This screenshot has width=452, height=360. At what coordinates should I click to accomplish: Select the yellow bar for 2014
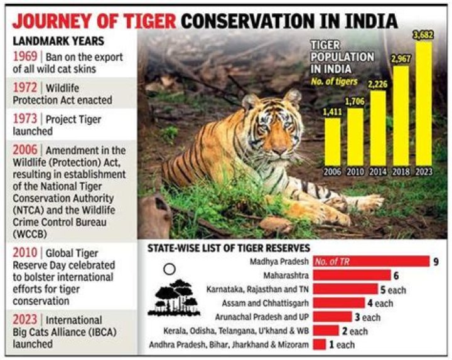(378, 128)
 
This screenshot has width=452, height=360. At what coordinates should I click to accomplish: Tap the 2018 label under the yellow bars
(401, 171)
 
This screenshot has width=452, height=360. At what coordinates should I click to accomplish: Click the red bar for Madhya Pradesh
(370, 261)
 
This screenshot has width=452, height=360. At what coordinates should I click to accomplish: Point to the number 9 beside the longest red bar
(436, 261)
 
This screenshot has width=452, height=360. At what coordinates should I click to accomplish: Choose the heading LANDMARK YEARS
(47, 38)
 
